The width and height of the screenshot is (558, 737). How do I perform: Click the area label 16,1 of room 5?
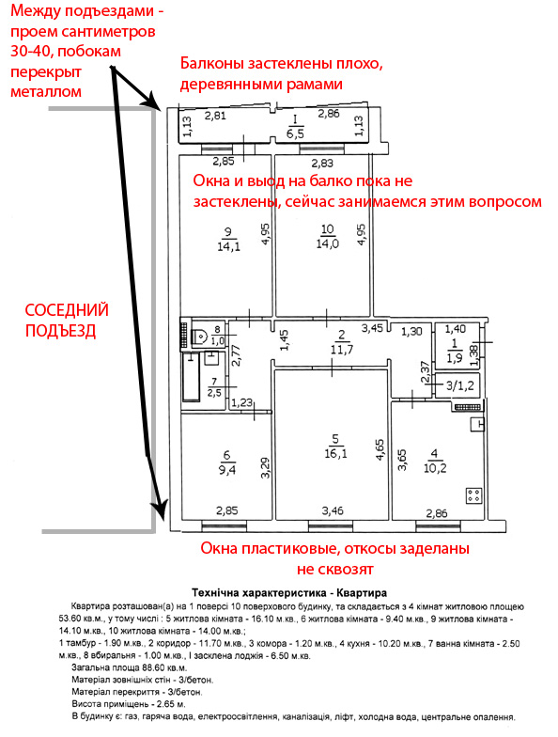[334, 454]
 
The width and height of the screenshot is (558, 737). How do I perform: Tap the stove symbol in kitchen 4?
[473, 495]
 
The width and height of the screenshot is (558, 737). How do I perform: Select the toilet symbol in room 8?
[201, 336]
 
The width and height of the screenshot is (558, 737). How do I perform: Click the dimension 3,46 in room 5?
[333, 510]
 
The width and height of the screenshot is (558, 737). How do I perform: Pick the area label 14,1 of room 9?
[228, 246]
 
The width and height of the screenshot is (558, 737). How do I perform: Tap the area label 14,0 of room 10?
[327, 243]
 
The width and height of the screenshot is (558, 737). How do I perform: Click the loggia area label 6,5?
[295, 133]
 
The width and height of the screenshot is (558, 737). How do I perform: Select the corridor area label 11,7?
[342, 350]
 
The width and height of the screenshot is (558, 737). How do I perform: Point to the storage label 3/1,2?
[460, 385]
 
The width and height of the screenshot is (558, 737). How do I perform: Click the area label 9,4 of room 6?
[227, 469]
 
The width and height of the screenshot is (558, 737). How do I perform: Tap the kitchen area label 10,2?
[435, 468]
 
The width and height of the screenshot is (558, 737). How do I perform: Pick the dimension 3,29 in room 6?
[266, 468]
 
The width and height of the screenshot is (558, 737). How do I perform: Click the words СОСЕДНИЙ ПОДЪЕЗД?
[67, 320]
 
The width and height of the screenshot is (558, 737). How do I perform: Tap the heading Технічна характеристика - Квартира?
[289, 592]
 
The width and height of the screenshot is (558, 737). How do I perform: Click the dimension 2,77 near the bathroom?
[237, 355]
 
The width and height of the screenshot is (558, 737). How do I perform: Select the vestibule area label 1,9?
[455, 358]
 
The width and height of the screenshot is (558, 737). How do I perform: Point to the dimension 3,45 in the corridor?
[372, 328]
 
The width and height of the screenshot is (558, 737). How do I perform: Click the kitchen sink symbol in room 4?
[477, 425]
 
